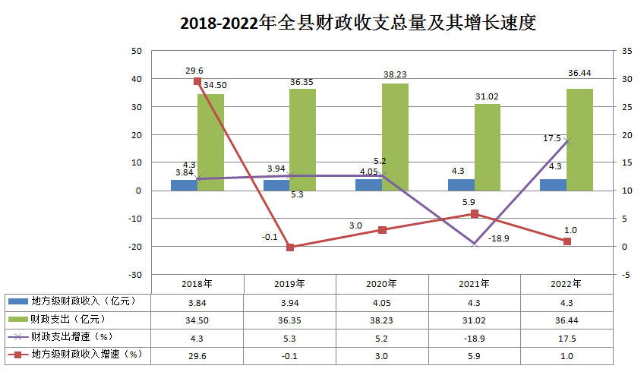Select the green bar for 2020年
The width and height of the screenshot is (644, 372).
pyautogui.click(x=395, y=137)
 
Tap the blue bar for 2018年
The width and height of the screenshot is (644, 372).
pyautogui.click(x=184, y=185)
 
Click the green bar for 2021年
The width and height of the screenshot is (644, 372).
pyautogui.click(x=488, y=147)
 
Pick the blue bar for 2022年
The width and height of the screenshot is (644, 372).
pyautogui.click(x=553, y=184)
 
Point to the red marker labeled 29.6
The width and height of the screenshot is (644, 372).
pyautogui.click(x=197, y=81)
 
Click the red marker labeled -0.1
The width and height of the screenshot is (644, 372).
pyautogui.click(x=290, y=247)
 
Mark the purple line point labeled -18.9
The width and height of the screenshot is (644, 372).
pyautogui.click(x=475, y=244)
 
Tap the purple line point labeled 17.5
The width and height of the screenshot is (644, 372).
pyautogui.click(x=567, y=141)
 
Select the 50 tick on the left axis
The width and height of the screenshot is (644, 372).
pyautogui.click(x=137, y=51)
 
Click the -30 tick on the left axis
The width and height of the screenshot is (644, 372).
pyautogui.click(x=136, y=274)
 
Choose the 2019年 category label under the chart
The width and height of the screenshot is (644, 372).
pyautogui.click(x=290, y=284)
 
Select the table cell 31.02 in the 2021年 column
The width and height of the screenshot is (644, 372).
pyautogui.click(x=475, y=319)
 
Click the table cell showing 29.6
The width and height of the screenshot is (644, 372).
pyautogui.click(x=197, y=355)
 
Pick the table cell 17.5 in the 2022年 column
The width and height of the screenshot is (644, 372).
pyautogui.click(x=567, y=336)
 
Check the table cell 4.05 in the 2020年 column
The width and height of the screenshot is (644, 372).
pyautogui.click(x=382, y=301)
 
